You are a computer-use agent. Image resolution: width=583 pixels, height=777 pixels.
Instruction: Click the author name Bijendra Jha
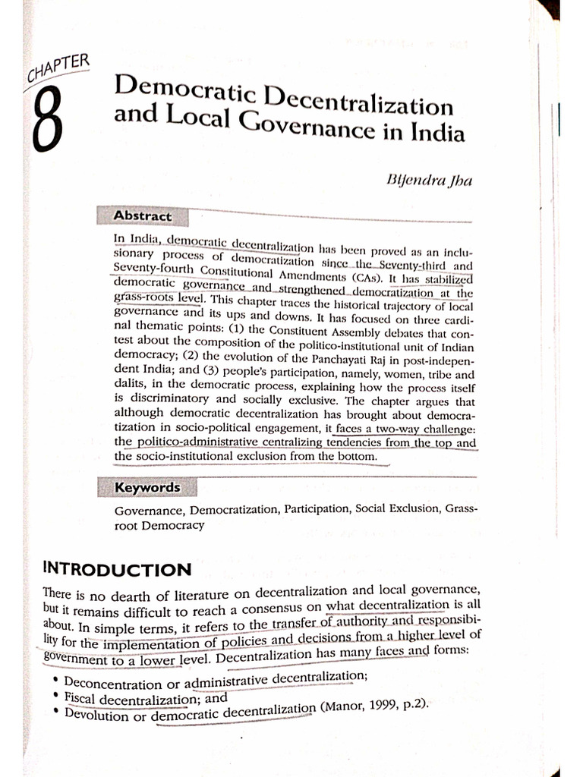pyautogui.click(x=430, y=181)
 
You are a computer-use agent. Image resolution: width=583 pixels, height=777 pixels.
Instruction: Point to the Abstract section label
pyautogui.click(x=142, y=216)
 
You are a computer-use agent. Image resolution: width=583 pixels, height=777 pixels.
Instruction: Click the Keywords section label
pyautogui.click(x=147, y=487)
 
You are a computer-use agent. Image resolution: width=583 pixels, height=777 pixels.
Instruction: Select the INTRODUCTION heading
pyautogui.click(x=117, y=569)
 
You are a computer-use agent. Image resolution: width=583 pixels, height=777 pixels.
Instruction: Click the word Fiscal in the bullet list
pyautogui.click(x=81, y=698)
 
